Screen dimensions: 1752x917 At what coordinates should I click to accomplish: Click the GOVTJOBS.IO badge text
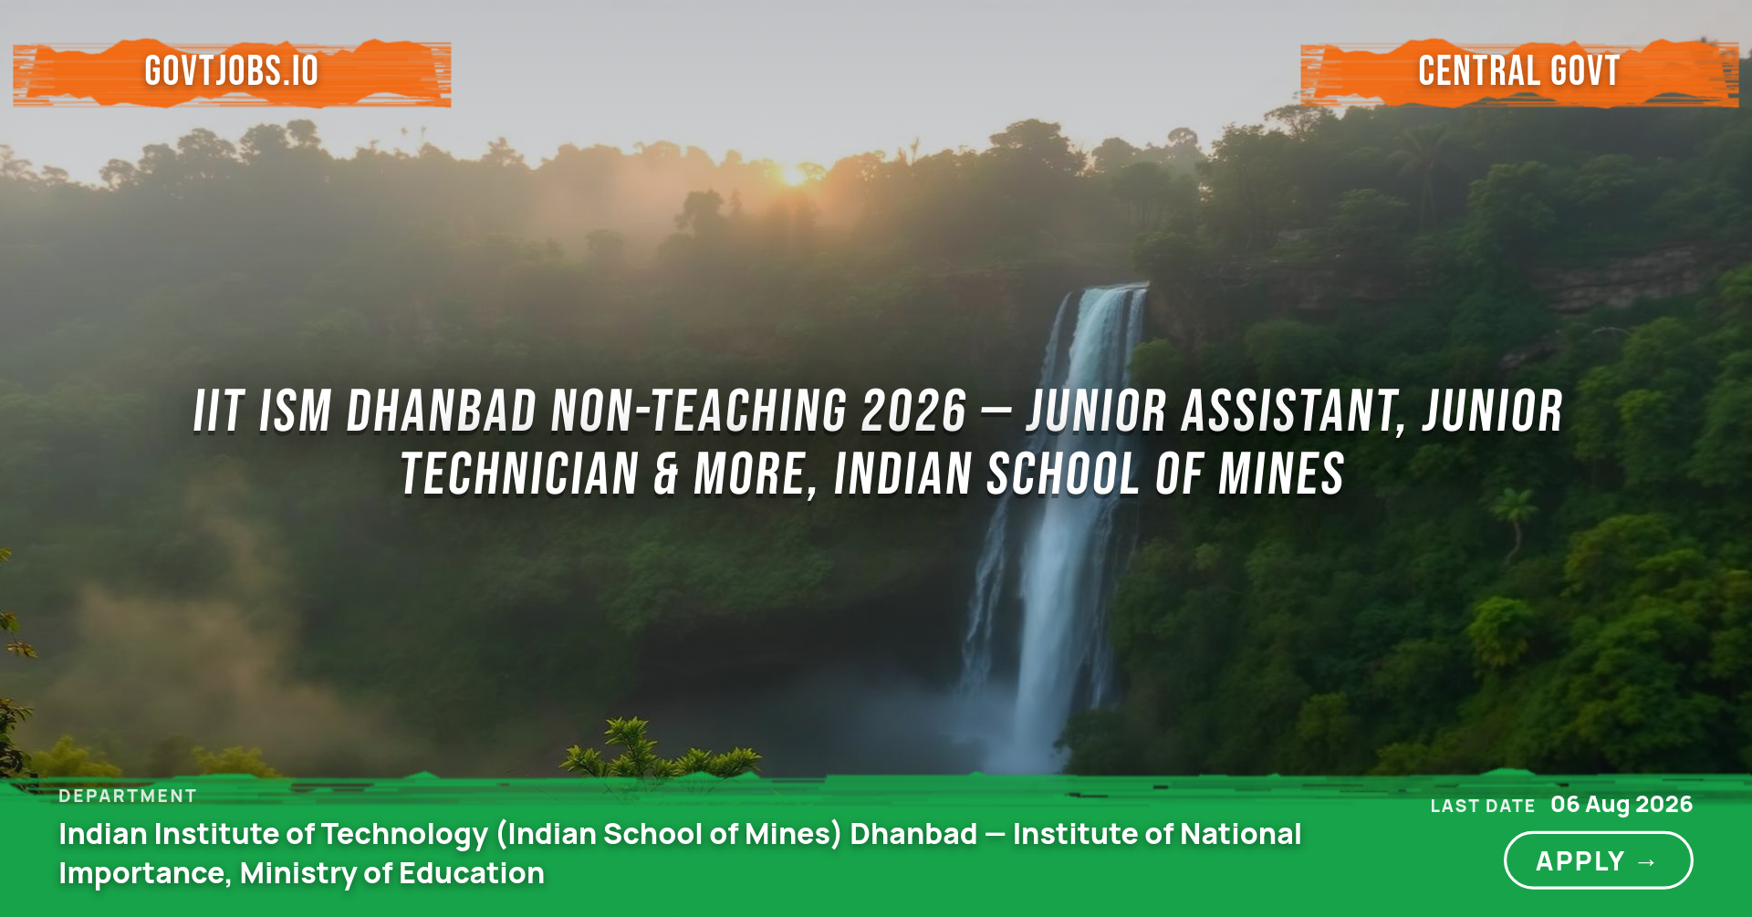[x=232, y=71]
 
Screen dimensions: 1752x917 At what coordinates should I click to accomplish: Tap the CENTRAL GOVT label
[x=1519, y=71]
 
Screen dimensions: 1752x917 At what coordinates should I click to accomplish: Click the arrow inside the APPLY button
[x=1647, y=862]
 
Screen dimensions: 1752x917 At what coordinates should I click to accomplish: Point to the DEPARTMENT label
[x=128, y=796]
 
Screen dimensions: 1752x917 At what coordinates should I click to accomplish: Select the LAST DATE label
[x=1483, y=806]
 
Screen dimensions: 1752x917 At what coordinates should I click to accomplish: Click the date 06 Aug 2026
[x=1622, y=804]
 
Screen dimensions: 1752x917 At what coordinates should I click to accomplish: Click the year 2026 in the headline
[x=913, y=411]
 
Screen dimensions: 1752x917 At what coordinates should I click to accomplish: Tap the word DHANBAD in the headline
[x=442, y=411]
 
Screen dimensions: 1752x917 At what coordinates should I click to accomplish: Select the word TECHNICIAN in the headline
[x=520, y=474]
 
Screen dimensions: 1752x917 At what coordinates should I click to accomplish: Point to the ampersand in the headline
[x=667, y=474]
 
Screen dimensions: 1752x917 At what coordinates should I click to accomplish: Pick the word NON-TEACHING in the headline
[x=699, y=411]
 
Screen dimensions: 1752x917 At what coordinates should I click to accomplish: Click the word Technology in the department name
[x=404, y=834]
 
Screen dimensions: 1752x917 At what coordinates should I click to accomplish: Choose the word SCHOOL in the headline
[x=1063, y=474]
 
